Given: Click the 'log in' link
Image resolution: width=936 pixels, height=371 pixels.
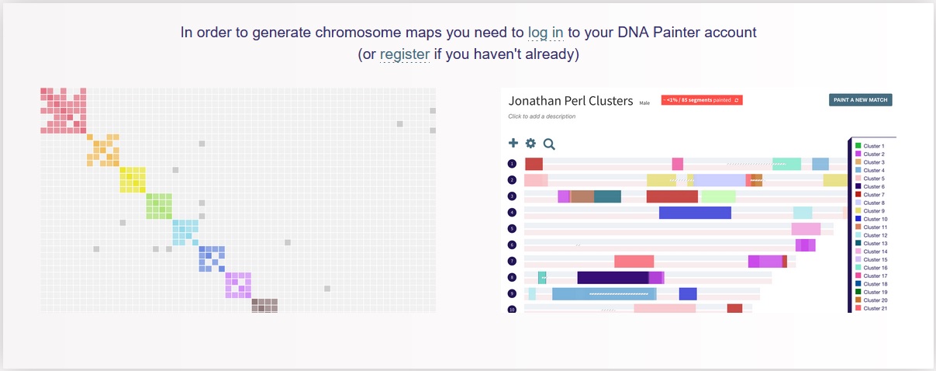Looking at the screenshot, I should click(x=546, y=33).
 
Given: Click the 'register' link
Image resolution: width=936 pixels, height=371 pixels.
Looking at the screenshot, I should click(x=404, y=55).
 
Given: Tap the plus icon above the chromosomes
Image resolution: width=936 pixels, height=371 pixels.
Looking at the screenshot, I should click(x=513, y=143).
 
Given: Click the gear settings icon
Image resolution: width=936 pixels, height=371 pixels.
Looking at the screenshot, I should click(x=530, y=143).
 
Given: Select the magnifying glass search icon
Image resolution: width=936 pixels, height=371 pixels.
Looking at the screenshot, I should click(x=549, y=144).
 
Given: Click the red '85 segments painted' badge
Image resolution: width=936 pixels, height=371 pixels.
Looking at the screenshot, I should click(x=702, y=100).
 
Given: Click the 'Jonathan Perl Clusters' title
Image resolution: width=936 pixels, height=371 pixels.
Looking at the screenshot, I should click(x=570, y=101).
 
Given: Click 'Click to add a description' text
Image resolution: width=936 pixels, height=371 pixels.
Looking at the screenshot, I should click(x=541, y=116).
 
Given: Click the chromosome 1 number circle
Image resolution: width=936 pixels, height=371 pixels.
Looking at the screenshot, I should click(x=512, y=164).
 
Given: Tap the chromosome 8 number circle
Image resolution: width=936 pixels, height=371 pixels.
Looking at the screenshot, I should click(x=512, y=278).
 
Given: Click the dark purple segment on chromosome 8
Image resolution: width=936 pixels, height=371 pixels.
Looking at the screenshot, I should click(x=613, y=277).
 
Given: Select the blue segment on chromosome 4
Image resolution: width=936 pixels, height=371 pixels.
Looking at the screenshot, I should click(x=695, y=212).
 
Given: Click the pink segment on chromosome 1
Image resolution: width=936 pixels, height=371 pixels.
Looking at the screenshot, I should click(x=677, y=164).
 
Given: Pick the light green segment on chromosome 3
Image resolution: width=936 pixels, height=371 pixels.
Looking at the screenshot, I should click(x=718, y=196).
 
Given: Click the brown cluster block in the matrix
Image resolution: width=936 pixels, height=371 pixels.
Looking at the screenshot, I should click(x=264, y=305).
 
